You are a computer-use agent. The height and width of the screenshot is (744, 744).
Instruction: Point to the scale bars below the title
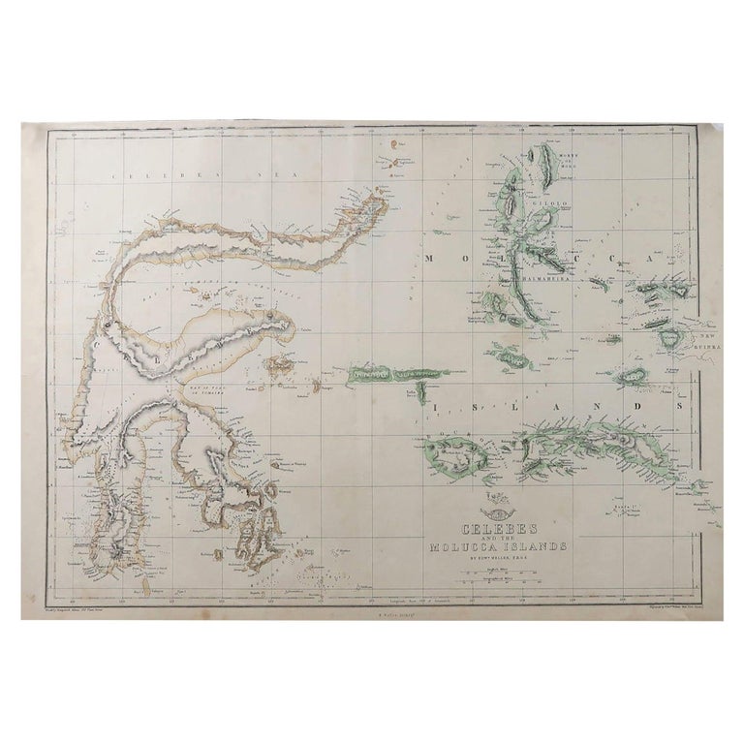click(x=485, y=578)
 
